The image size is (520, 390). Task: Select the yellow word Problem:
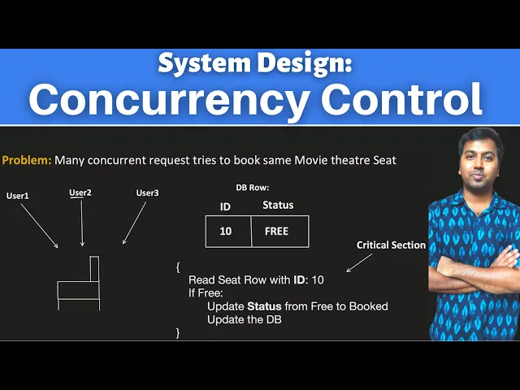coord(27,160)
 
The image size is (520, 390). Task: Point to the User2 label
coord(80,193)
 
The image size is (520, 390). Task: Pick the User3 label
coord(147,193)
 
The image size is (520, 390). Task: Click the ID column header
coord(226,206)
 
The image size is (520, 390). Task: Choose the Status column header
coord(278,205)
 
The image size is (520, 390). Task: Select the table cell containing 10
coord(226,232)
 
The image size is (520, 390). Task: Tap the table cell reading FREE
coord(277,232)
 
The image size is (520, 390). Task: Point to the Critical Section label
coord(391,245)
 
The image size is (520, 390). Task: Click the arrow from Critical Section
coord(358,262)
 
